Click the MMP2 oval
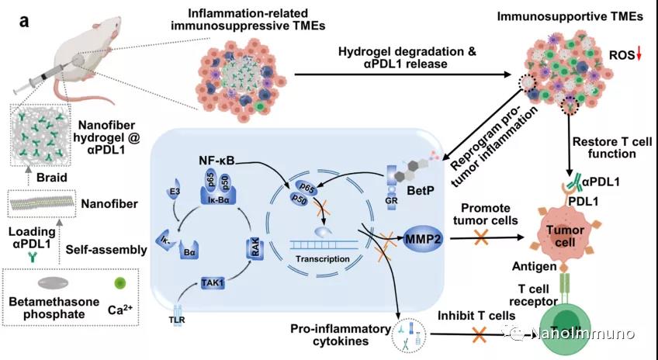424,239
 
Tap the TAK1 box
213,282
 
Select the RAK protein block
255,248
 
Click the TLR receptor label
178,320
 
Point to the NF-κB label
216,161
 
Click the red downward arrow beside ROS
639,54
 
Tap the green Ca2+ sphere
120,283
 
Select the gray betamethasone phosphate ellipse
53,283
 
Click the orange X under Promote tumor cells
481,237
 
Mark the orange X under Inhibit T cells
480,334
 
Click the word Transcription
322,258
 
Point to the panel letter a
24,21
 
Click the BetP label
421,191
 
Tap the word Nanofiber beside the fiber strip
109,204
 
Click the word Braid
52,178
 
